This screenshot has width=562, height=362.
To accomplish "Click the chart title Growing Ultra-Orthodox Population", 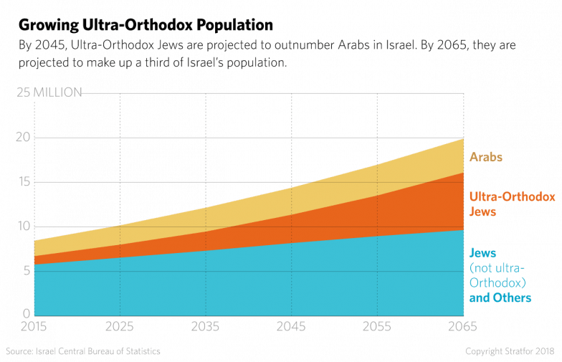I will pyautogui.click(x=146, y=27).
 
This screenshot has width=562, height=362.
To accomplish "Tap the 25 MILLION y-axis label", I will pyautogui.click(x=49, y=92).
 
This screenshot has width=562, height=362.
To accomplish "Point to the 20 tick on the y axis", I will pyautogui.click(x=25, y=137).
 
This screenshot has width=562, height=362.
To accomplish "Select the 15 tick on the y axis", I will pyautogui.click(x=25, y=181).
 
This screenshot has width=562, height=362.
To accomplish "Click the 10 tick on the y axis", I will pyautogui.click(x=25, y=226).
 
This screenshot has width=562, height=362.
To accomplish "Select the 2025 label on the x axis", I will pyautogui.click(x=120, y=328).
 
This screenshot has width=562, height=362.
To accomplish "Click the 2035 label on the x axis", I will pyautogui.click(x=206, y=328).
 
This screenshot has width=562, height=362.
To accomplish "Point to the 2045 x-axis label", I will pyautogui.click(x=291, y=328).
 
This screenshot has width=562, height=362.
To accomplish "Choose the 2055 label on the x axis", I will pyautogui.click(x=377, y=328).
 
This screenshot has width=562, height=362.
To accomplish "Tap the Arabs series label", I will pyautogui.click(x=485, y=156).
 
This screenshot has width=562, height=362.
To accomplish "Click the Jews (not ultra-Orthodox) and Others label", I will pyautogui.click(x=500, y=275).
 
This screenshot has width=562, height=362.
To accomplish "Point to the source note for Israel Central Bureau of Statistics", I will pyautogui.click(x=82, y=351).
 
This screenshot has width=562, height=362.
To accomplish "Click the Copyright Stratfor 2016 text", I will pyautogui.click(x=511, y=351).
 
